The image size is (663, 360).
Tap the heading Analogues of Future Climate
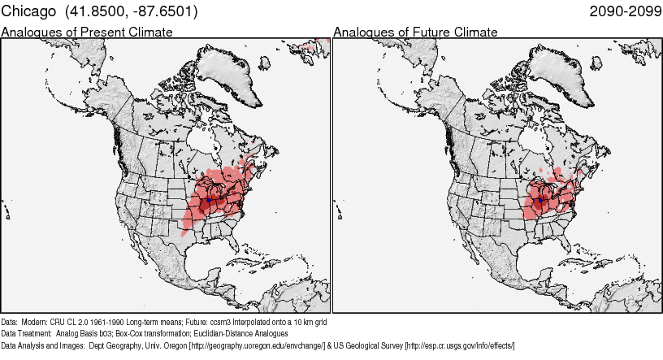click(415, 32)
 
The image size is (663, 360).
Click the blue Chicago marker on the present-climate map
click(209, 198)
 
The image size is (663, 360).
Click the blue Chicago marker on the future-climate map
click(540, 198)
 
